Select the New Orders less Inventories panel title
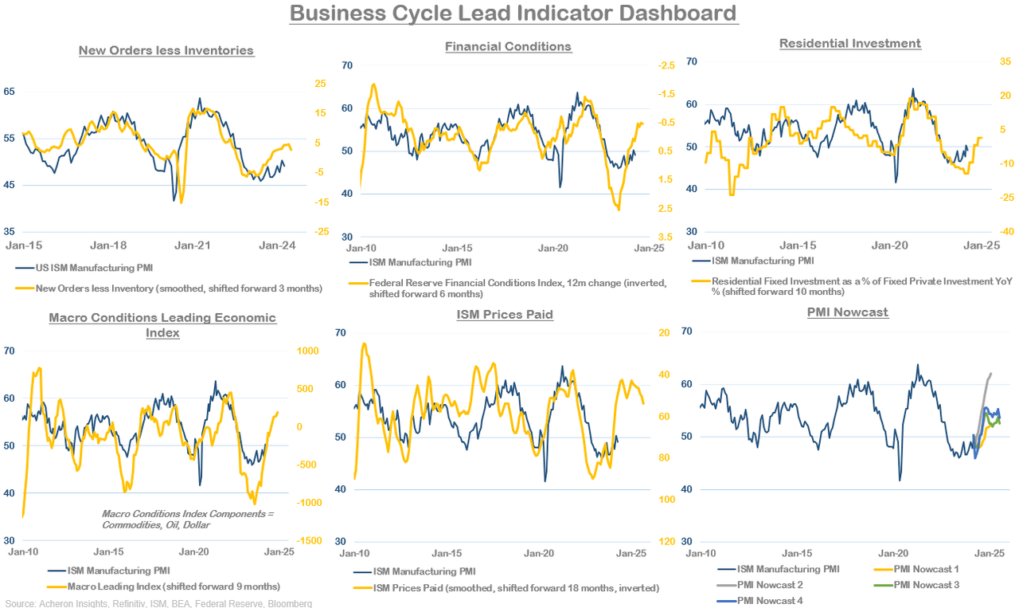(x=166, y=50)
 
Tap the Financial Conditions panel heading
(x=508, y=46)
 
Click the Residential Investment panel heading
(x=849, y=43)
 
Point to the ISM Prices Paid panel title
(x=505, y=314)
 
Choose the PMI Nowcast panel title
(x=847, y=312)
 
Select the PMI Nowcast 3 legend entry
(x=926, y=585)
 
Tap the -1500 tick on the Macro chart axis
(x=309, y=541)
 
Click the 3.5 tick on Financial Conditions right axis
(x=665, y=237)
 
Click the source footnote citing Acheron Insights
(x=158, y=603)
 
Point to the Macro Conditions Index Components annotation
(x=187, y=520)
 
